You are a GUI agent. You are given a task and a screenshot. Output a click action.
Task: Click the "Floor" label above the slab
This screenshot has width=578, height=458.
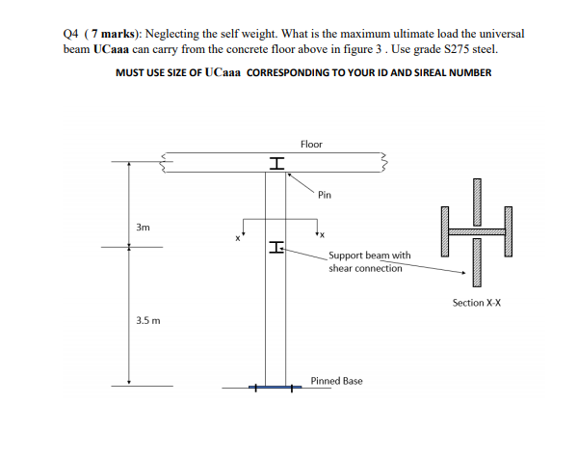point(311,144)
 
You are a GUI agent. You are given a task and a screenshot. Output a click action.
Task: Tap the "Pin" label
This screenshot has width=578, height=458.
point(325,194)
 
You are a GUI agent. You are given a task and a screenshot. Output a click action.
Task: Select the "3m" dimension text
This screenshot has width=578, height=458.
point(144,229)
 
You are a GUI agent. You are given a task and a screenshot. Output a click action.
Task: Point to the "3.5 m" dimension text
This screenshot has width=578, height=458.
point(147,318)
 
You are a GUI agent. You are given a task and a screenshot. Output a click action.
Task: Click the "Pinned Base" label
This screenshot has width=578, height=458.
point(336,381)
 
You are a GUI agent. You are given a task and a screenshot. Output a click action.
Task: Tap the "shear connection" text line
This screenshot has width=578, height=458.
point(365,269)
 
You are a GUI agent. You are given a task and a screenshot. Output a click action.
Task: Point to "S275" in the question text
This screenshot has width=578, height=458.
point(483,47)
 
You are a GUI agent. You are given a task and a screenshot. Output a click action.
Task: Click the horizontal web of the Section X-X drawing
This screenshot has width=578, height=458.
point(476,231)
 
